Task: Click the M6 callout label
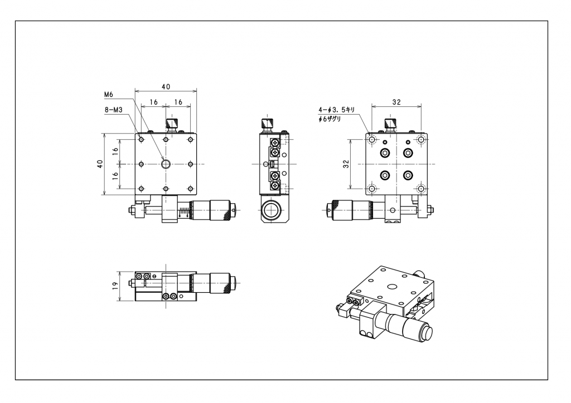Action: (x=109, y=95)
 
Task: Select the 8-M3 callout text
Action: (x=113, y=110)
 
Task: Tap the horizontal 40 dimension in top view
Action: (x=166, y=86)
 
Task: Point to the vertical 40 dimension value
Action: (x=100, y=164)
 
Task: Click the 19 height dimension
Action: (x=115, y=286)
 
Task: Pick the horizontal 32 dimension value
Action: (x=396, y=102)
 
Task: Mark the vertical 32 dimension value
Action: (x=346, y=164)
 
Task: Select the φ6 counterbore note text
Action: (x=330, y=119)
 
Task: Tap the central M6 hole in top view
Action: (x=166, y=164)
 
